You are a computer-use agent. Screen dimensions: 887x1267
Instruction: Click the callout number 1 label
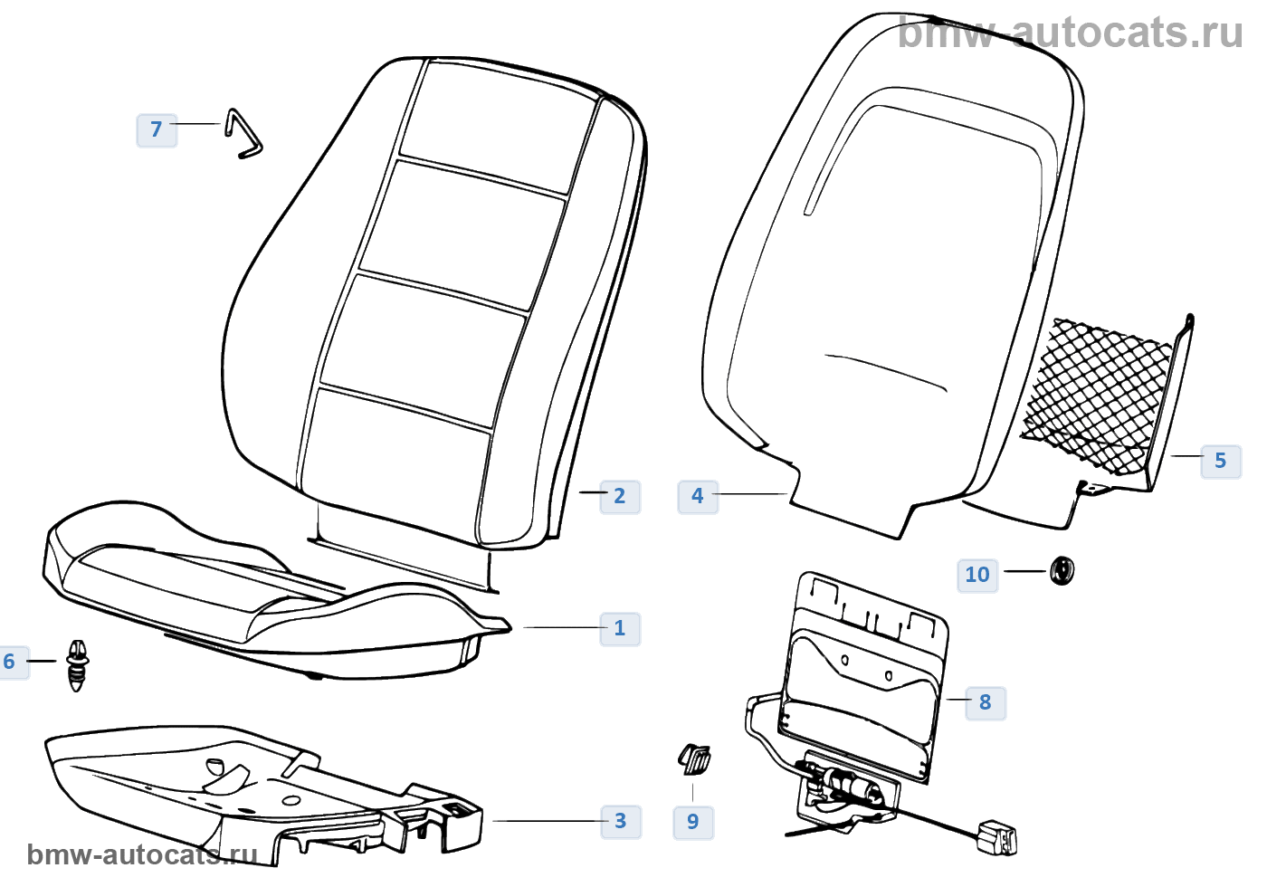(620, 628)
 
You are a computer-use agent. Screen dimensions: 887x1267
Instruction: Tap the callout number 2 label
(620, 496)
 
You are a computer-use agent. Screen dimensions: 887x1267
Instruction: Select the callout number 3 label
(620, 821)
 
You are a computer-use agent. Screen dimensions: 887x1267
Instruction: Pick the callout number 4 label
(697, 496)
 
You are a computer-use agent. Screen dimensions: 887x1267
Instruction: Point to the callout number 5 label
(1220, 461)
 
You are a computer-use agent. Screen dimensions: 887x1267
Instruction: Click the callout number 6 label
(11, 662)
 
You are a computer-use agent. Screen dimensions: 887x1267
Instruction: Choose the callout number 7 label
(157, 129)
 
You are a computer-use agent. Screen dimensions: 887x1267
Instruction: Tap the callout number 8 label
(985, 701)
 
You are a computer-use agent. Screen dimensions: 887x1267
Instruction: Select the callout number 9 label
(693, 822)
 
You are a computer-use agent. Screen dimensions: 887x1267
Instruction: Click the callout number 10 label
(977, 575)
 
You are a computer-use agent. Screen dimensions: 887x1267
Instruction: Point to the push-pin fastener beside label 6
(78, 665)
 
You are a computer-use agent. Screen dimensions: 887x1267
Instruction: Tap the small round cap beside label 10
(1062, 571)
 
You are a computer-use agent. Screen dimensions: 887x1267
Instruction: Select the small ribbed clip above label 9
(695, 758)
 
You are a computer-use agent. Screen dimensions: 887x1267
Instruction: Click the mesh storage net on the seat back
(1100, 394)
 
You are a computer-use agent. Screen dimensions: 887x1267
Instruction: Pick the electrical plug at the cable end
(997, 837)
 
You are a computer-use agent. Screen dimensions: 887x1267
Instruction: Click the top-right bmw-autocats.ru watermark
(1071, 33)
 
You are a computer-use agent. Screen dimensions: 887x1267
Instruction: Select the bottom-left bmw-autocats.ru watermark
(143, 854)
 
